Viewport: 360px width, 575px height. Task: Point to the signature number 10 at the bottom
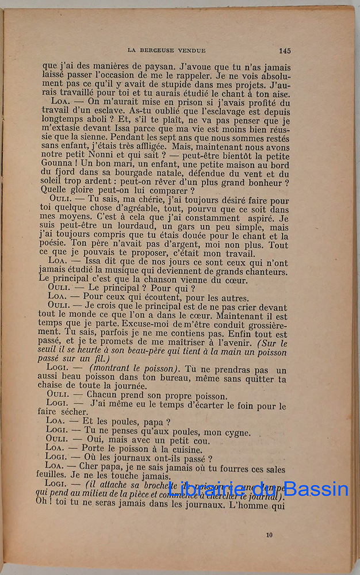270,535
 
